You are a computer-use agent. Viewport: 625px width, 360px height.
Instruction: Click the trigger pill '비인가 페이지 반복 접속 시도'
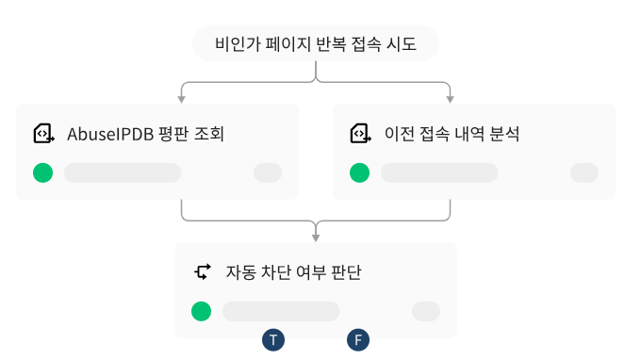click(x=315, y=43)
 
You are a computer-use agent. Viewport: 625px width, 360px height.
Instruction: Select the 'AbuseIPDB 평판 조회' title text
click(x=145, y=134)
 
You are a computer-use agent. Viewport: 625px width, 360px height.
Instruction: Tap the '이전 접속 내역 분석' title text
click(x=452, y=134)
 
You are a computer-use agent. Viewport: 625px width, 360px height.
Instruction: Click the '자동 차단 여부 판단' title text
click(x=293, y=272)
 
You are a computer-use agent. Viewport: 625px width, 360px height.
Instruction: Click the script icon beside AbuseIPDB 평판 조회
click(x=43, y=134)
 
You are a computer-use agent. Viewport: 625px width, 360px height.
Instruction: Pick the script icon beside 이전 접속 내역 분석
click(x=360, y=134)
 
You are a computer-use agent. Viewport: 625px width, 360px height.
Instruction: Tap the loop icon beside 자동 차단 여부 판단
click(x=202, y=272)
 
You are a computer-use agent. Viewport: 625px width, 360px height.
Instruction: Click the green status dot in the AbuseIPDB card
click(x=42, y=172)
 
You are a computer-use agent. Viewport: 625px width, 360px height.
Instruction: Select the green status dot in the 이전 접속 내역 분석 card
click(x=359, y=172)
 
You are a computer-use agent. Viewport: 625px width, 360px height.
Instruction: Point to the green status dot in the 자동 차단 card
click(x=201, y=311)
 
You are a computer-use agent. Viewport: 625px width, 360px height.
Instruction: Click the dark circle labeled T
click(x=273, y=340)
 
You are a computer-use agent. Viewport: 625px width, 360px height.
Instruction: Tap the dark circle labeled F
click(x=357, y=340)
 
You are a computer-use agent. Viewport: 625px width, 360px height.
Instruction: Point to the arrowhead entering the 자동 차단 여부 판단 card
click(x=316, y=236)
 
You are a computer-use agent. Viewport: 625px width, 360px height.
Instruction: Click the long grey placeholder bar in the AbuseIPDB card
click(x=123, y=172)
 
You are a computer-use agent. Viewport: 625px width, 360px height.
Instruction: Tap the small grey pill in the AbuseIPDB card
click(x=268, y=172)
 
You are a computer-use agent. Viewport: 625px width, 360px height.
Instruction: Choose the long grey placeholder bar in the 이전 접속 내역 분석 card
click(x=439, y=172)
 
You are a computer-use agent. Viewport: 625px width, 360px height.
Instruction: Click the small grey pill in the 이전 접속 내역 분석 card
click(x=584, y=172)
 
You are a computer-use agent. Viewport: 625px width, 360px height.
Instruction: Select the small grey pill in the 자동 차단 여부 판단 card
click(x=426, y=311)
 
